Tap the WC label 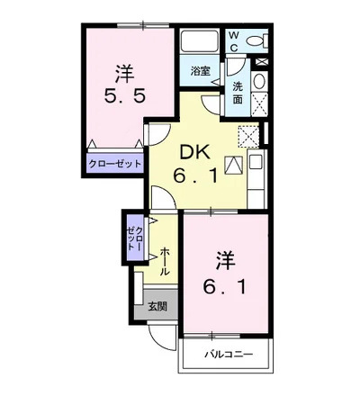(x=234, y=40)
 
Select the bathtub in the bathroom (x=200, y=40)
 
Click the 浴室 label (x=201, y=71)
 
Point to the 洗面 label (x=238, y=93)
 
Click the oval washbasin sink (x=259, y=81)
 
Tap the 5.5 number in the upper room (x=125, y=96)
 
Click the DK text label (x=194, y=154)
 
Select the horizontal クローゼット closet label (x=115, y=164)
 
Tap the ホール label (x=165, y=261)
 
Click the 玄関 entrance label (x=157, y=307)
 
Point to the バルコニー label (x=229, y=355)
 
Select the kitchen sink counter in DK (x=256, y=178)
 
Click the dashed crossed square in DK (x=248, y=136)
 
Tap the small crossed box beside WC (x=261, y=62)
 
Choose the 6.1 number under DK (x=194, y=175)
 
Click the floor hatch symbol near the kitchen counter (x=233, y=165)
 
